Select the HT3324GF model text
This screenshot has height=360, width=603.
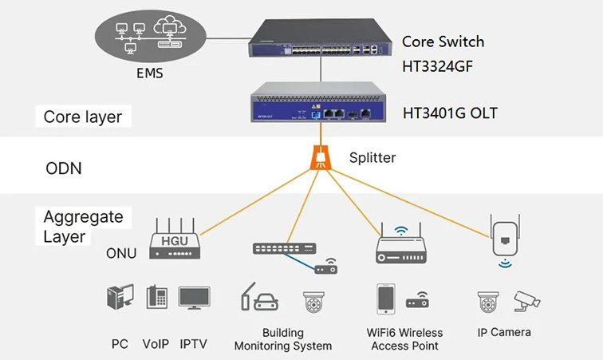coord(438,66)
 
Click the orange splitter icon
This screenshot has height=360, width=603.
coord(321,156)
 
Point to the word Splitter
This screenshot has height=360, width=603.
coord(372,157)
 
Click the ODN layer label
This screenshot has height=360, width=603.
coord(63,169)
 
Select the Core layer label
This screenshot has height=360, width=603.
coord(83,117)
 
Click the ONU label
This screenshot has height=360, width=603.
coord(121,254)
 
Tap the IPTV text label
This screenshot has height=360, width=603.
coord(193,345)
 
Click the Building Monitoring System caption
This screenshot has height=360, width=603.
coord(283,339)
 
